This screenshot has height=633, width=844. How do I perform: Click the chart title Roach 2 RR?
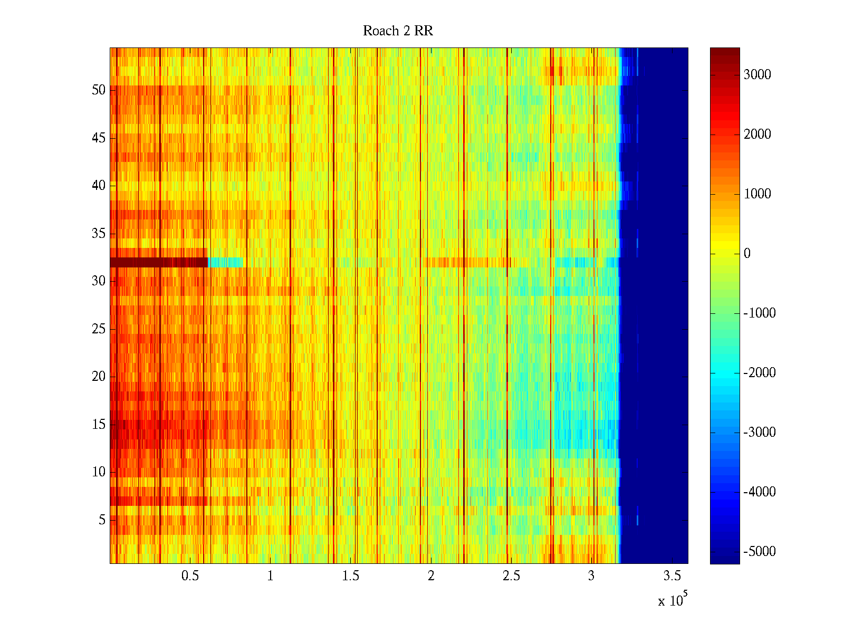(x=398, y=31)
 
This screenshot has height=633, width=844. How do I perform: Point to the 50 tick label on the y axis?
(x=99, y=90)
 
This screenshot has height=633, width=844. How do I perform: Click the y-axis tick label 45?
(x=99, y=138)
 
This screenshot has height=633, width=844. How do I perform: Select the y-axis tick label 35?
(x=99, y=234)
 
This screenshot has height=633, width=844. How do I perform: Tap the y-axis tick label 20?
(x=99, y=377)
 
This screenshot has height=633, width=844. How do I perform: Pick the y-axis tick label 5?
(x=102, y=520)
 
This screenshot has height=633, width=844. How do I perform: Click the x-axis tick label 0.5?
(x=190, y=576)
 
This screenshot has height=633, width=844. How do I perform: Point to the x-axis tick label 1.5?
(x=350, y=576)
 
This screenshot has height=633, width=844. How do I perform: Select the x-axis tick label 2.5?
(x=511, y=576)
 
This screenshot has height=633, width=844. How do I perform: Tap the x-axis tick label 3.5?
(x=672, y=576)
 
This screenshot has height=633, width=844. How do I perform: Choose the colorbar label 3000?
(x=757, y=75)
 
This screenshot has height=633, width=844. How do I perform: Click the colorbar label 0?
(x=747, y=254)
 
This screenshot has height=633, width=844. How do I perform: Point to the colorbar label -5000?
(x=759, y=552)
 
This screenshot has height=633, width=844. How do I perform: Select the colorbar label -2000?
(x=759, y=373)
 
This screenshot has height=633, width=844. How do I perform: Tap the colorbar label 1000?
(x=757, y=194)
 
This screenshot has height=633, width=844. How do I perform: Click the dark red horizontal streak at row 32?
(x=158, y=262)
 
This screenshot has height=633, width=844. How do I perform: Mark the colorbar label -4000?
(x=759, y=492)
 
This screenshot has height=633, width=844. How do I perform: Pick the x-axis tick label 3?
(x=591, y=576)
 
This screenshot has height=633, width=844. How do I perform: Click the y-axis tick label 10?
(x=99, y=472)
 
